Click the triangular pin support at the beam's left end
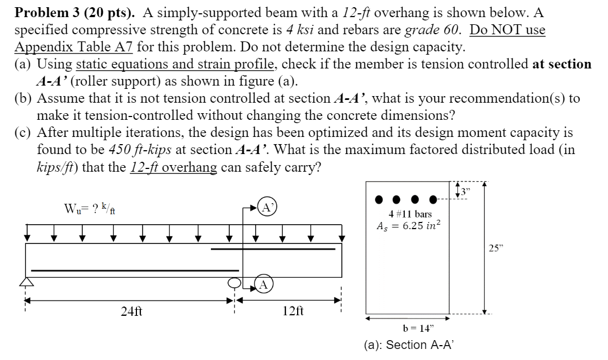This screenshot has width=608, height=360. [25, 282]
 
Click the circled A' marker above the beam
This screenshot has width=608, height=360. [266, 208]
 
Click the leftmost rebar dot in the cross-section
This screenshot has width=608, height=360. [379, 199]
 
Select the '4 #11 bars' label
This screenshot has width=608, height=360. [409, 214]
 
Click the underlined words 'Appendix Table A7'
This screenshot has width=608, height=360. [72, 46]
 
